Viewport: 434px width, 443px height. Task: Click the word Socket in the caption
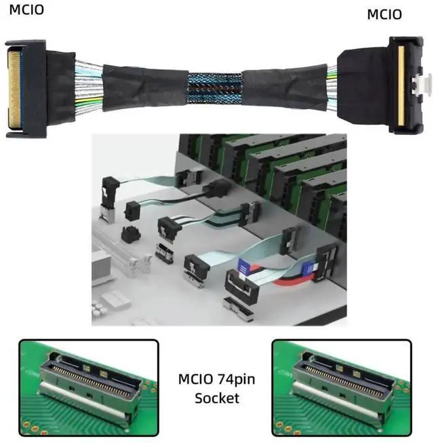coord(216,398)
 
